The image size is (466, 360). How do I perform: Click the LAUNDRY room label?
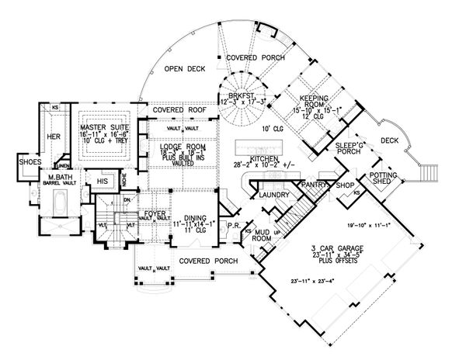(275, 195)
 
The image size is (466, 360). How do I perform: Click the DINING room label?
(190, 219)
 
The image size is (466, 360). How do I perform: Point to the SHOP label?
(346, 186)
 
